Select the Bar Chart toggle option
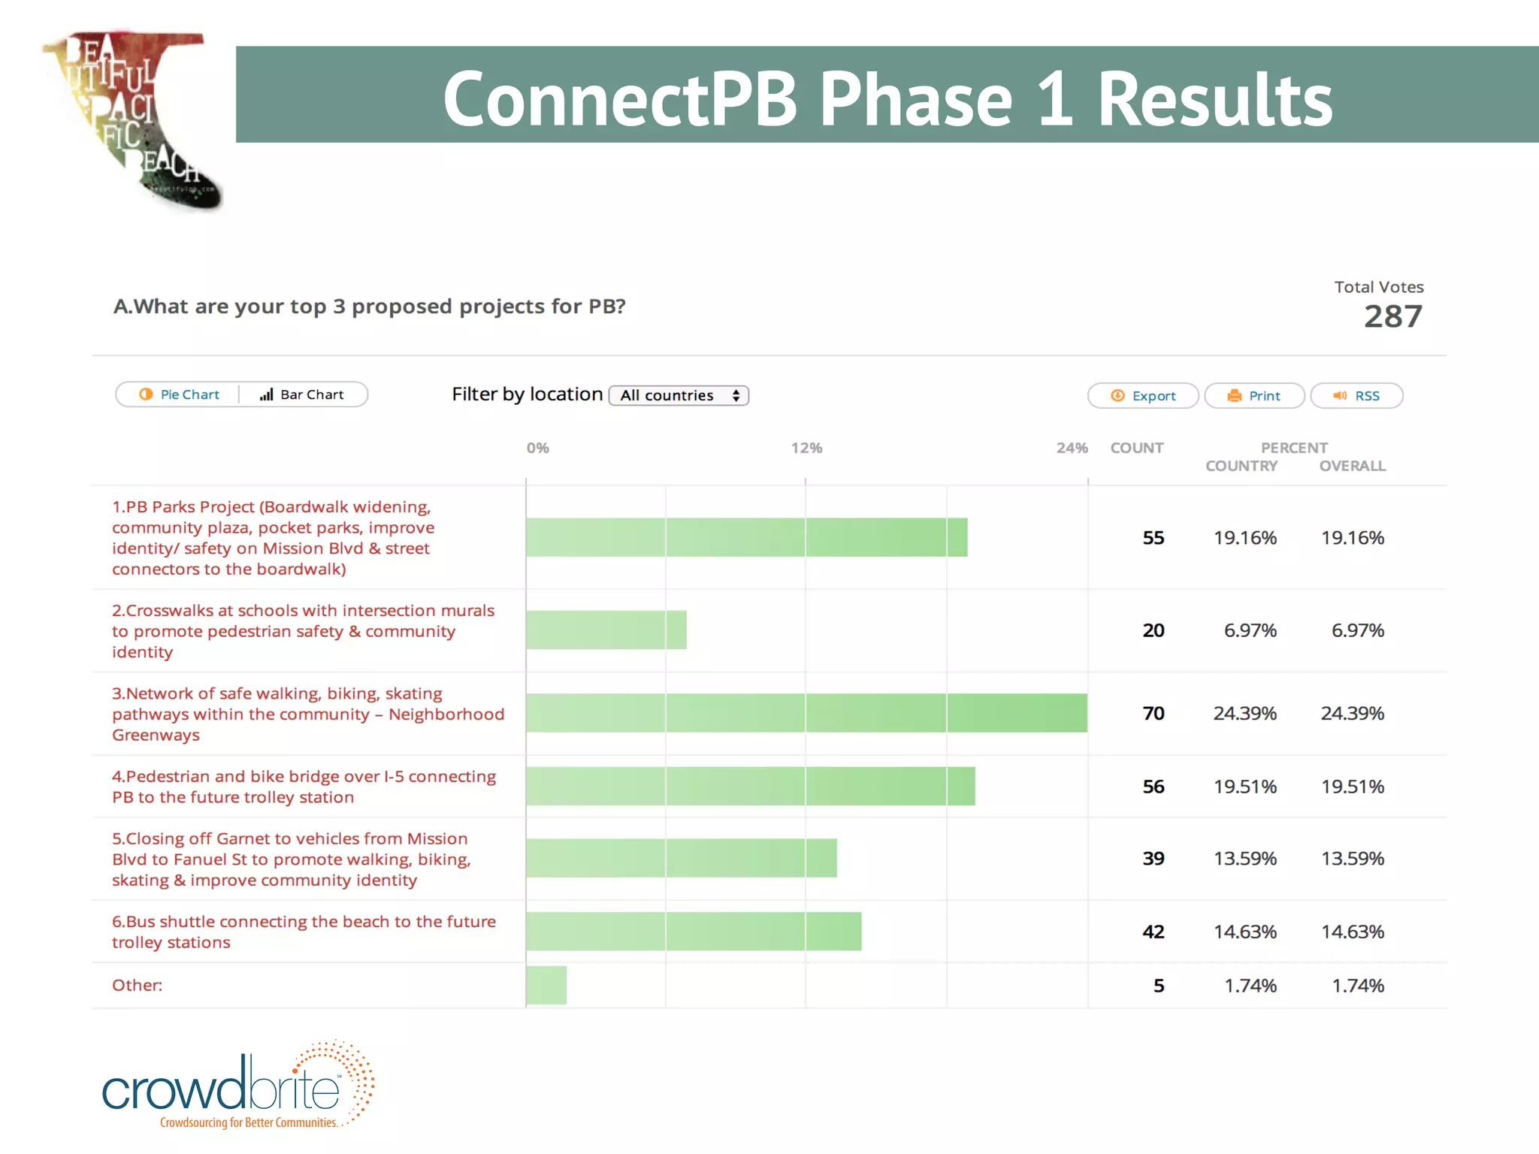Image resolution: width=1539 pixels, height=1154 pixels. point(302,394)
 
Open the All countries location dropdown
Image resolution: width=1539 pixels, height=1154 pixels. point(679,395)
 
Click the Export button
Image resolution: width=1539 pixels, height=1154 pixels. point(1143,396)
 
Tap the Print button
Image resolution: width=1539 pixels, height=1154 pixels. point(1254,396)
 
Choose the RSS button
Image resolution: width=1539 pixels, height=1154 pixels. point(1356,396)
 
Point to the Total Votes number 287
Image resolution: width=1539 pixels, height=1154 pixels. point(1392,316)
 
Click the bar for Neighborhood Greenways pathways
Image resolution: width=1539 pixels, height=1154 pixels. point(806,713)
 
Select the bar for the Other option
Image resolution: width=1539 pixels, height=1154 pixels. point(546,985)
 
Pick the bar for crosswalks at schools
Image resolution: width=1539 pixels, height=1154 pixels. point(606,630)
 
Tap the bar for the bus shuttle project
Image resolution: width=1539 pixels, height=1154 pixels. point(694,932)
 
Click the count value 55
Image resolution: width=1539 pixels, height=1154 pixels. point(1153,538)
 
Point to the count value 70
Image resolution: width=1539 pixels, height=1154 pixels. point(1153,713)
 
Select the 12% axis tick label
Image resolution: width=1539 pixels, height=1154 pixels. point(806,448)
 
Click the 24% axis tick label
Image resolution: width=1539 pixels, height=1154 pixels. point(1072,448)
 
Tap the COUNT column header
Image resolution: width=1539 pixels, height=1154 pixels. point(1136,448)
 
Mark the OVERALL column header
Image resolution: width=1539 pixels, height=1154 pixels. point(1352,466)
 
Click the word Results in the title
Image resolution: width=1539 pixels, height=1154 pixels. point(1214,99)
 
